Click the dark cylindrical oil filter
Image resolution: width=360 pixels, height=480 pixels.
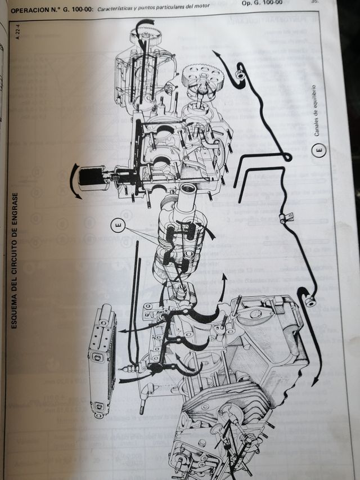[x=90, y=177]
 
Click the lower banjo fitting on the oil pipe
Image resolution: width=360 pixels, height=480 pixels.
[x=308, y=300]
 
